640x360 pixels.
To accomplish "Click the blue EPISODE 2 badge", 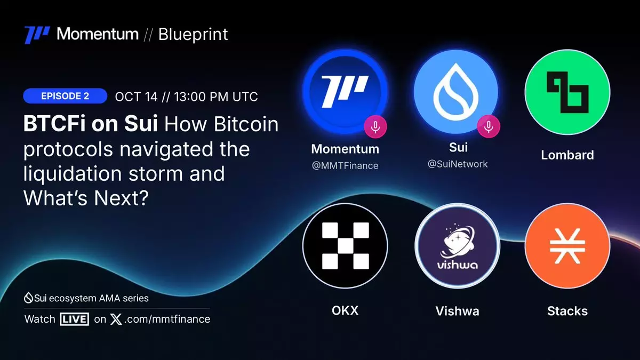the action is click(x=65, y=96).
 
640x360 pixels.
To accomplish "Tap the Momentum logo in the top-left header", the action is click(x=37, y=35).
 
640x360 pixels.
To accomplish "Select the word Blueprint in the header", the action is click(x=193, y=35).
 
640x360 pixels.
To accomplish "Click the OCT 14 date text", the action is click(x=137, y=97).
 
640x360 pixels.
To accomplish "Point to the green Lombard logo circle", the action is click(x=567, y=92).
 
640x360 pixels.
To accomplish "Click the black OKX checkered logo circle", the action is click(x=345, y=246).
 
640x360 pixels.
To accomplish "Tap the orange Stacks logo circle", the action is click(x=567, y=246).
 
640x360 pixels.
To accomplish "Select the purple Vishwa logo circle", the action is click(x=457, y=246).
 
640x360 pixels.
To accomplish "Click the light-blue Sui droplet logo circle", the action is click(x=456, y=92).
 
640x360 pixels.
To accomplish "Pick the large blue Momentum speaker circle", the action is click(x=345, y=91).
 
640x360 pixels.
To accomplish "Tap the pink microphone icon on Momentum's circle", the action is click(x=375, y=127).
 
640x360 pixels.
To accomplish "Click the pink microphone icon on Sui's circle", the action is click(x=489, y=126).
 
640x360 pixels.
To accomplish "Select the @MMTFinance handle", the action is click(x=345, y=166).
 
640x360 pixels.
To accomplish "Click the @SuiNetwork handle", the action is click(x=458, y=164).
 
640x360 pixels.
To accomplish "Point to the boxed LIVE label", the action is click(x=74, y=319).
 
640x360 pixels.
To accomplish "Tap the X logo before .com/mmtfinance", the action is click(x=116, y=319).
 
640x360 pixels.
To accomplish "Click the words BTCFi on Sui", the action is click(x=91, y=124).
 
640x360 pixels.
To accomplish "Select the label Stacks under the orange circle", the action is click(x=567, y=311).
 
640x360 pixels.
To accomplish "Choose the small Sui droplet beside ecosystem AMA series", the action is click(x=28, y=298).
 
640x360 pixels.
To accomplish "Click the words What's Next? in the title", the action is click(x=86, y=198).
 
